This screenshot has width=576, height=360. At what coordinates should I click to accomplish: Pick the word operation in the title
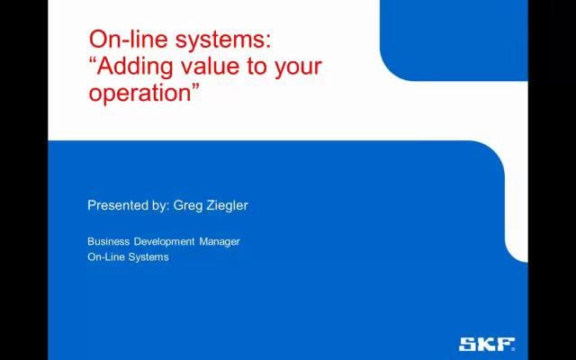click(138, 94)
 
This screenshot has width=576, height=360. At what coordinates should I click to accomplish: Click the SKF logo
click(487, 344)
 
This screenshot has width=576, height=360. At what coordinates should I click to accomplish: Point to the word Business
click(109, 241)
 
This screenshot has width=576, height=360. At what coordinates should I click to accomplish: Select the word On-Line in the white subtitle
click(107, 257)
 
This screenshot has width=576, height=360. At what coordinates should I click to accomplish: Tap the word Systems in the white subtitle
click(149, 257)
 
